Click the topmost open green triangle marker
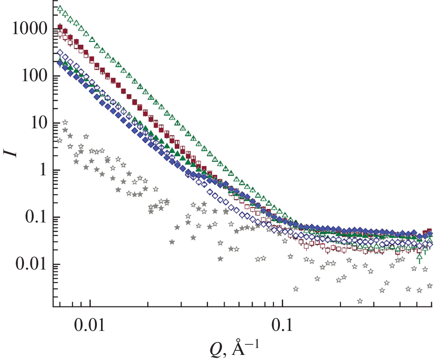pos(60,8)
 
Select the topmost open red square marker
pos(59,34)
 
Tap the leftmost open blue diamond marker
pos(59,53)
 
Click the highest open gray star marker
pos(65,122)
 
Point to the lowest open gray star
pos(359,301)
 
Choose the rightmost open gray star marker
pos(429,286)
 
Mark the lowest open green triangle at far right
pos(419,257)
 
